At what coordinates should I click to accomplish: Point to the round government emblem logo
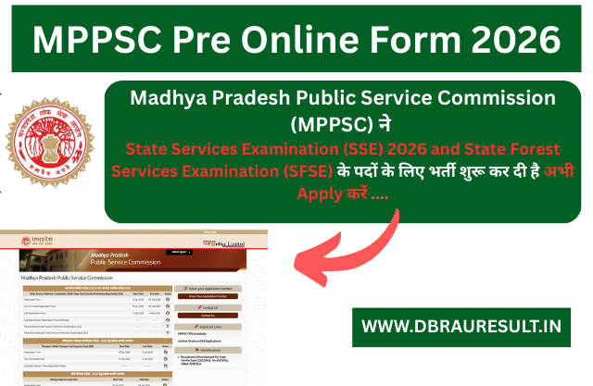[x=53, y=143]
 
